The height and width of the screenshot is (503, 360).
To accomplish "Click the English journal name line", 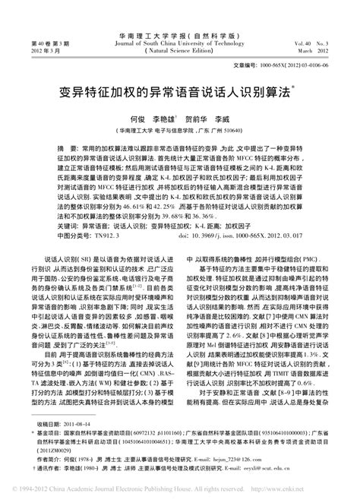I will pos(180,22).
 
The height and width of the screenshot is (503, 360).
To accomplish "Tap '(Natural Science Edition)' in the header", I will pos(180,30).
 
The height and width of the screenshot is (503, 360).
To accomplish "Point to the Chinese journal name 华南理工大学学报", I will pos(180,14).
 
